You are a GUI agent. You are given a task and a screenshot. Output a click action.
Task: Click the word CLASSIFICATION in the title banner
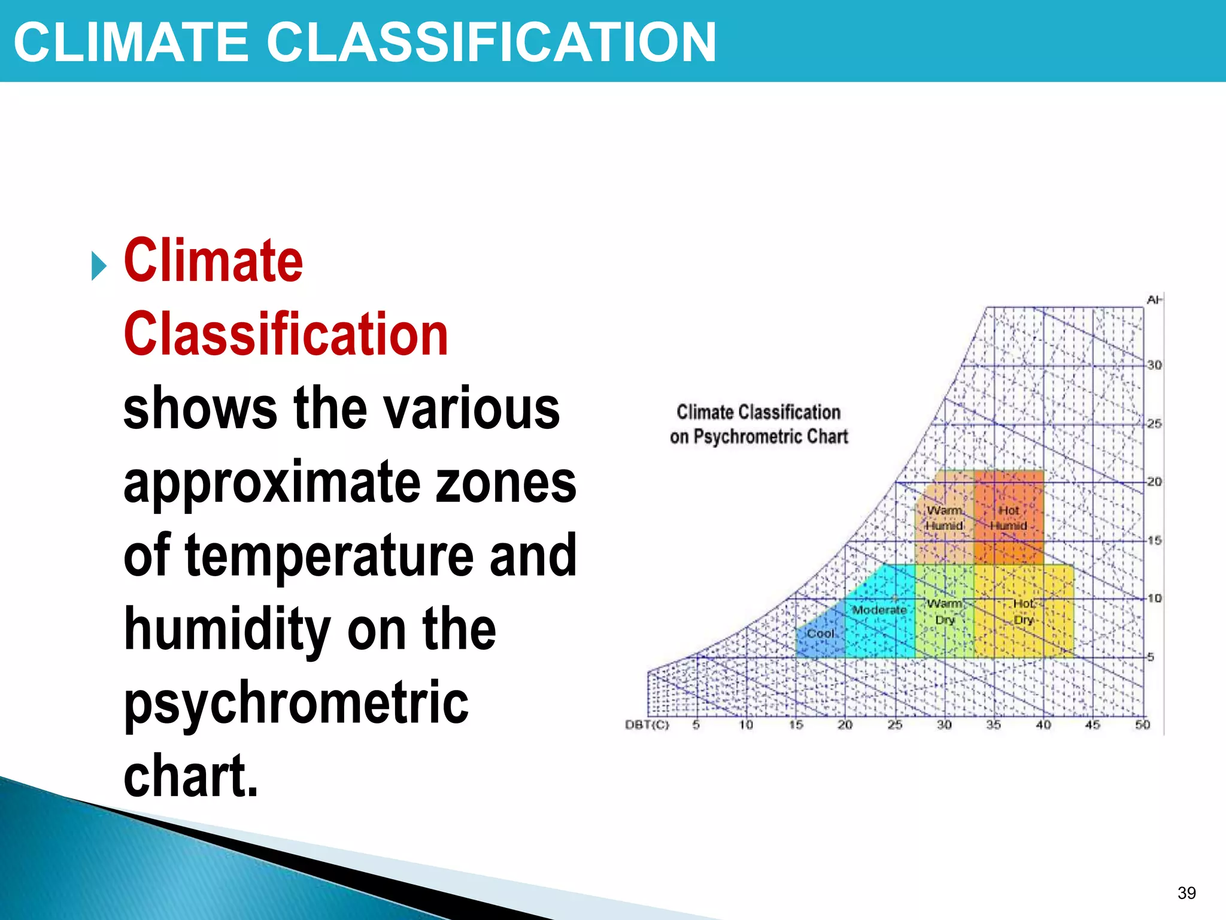click(491, 42)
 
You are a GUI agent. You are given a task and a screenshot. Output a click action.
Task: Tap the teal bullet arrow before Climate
click(99, 266)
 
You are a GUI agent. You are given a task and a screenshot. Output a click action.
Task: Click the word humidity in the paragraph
click(227, 629)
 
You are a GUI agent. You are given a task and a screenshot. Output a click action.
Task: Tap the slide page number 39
click(1186, 893)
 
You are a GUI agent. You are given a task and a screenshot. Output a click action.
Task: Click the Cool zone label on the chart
click(820, 634)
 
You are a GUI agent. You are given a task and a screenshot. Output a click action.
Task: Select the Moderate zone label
click(879, 610)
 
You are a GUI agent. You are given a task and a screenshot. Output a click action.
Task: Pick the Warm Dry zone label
click(945, 612)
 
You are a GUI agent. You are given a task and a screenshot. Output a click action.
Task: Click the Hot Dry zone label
click(1023, 612)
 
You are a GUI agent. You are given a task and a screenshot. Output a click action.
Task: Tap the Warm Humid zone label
click(944, 518)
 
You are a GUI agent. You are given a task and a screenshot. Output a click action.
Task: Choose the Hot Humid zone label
click(1008, 518)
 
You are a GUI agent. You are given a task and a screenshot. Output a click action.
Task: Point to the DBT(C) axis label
click(647, 725)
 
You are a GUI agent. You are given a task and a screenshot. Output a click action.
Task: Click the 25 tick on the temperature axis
click(894, 725)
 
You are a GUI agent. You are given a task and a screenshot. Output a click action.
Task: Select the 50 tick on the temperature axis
click(1142, 725)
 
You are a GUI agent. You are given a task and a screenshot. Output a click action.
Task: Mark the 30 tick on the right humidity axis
click(1155, 365)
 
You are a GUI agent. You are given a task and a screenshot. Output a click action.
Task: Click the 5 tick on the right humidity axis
click(1151, 657)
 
